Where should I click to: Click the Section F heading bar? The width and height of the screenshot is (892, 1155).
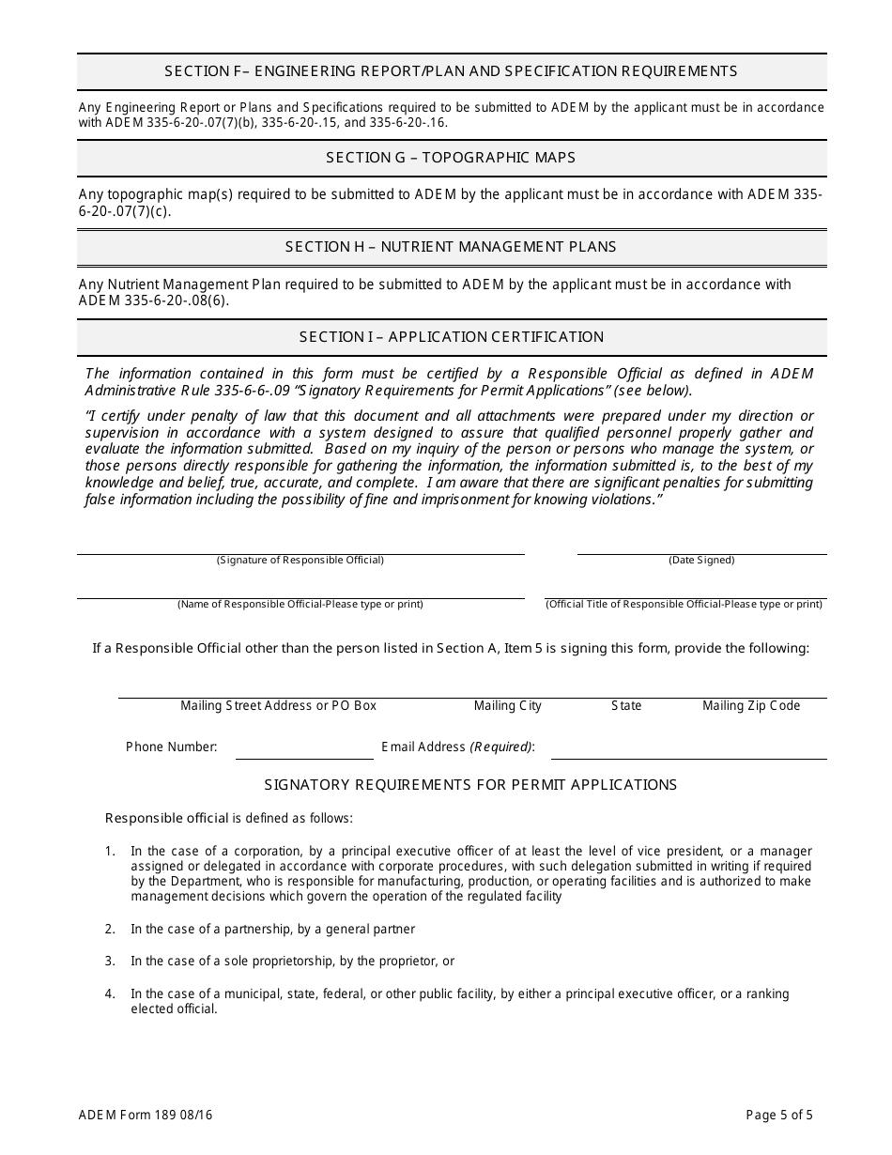coord(451,71)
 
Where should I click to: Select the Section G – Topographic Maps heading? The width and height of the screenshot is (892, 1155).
coord(451,158)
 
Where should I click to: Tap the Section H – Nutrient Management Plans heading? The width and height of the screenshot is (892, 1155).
coord(451,247)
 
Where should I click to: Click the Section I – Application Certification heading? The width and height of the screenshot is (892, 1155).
coord(451,337)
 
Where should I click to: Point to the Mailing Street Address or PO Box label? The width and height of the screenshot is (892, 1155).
coord(278,706)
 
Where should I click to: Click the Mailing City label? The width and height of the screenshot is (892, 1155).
coord(507,706)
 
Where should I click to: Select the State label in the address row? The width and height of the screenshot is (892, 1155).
coord(626,706)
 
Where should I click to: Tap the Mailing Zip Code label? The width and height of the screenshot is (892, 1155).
coord(751,706)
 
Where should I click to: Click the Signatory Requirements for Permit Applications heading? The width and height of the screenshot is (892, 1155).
coord(470,785)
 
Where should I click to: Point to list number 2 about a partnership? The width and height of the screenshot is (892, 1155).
coord(272,930)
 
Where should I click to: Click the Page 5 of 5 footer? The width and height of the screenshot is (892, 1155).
coord(779,1116)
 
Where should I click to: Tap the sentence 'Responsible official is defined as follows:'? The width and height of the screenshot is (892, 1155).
coord(229,818)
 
